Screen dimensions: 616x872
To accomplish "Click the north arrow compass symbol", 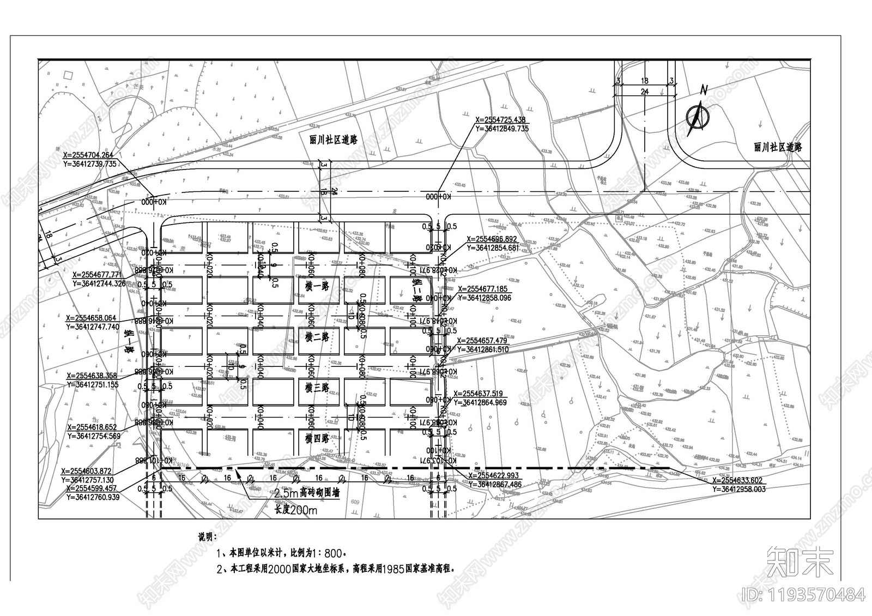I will (698, 114).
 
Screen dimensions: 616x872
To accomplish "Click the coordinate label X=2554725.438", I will (500, 120).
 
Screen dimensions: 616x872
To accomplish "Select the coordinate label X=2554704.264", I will (88, 155).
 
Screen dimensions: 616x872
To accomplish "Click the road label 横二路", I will (317, 337).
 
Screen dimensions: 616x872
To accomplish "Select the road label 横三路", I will (317, 388).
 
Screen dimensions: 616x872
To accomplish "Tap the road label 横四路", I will (317, 438).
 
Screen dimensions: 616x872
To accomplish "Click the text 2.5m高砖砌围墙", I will (306, 493).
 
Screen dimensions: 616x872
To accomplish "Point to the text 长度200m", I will (295, 510).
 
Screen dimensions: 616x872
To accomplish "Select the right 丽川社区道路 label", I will (778, 147).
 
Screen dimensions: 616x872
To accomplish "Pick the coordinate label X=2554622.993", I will (495, 475).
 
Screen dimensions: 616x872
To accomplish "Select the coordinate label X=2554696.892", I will (492, 239).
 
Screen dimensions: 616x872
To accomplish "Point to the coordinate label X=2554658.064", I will (91, 318).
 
